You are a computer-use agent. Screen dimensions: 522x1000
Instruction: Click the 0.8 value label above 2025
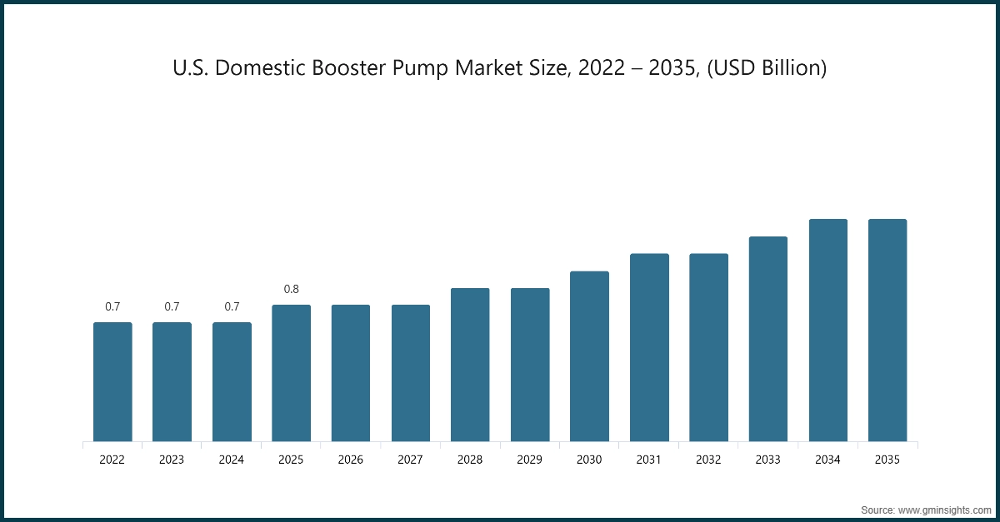tap(292, 289)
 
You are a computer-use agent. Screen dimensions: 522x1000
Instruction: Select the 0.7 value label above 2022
tap(112, 306)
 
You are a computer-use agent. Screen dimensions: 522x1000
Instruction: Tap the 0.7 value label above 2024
tap(232, 306)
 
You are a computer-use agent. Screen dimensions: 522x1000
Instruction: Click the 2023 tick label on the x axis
tap(172, 459)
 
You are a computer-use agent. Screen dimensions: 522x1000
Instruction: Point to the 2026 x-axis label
tap(351, 459)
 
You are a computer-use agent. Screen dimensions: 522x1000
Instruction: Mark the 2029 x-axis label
tap(530, 459)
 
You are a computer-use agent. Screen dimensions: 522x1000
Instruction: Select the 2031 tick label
tap(649, 459)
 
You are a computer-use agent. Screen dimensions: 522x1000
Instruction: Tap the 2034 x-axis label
tap(827, 459)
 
